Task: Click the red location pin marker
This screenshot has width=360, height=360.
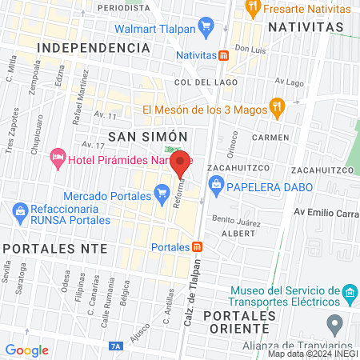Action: [x=181, y=163]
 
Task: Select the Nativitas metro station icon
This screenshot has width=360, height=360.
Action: [x=225, y=55]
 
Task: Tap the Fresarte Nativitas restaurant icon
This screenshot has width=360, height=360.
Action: [x=254, y=8]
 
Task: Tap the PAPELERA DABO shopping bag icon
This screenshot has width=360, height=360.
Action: [x=216, y=186]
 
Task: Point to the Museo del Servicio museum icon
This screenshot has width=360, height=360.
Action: [x=348, y=295]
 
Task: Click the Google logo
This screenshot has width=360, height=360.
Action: [x=26, y=350]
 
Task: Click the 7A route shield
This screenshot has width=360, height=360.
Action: [x=117, y=346]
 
